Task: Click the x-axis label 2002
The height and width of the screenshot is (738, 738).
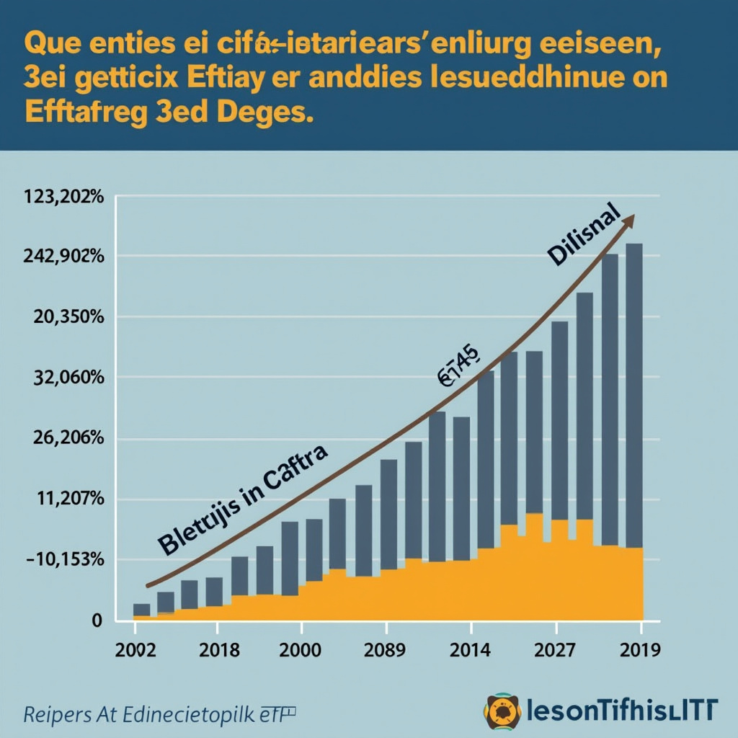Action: point(135,649)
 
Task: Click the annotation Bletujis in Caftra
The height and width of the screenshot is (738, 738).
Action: point(242,499)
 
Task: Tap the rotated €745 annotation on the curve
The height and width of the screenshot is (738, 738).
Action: point(457,366)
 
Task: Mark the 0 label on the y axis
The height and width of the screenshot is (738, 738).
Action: point(97,621)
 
